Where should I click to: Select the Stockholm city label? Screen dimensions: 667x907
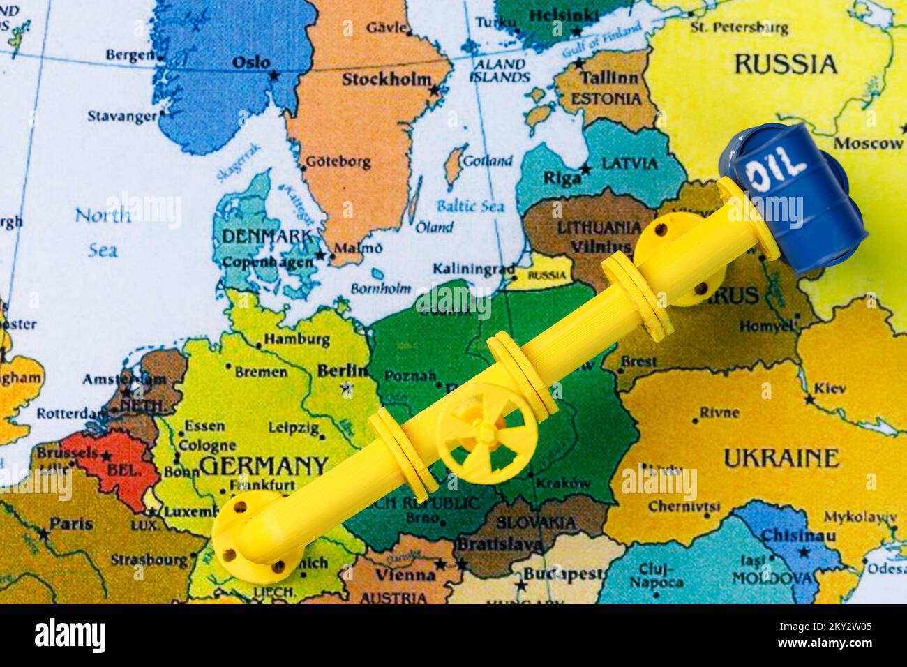[x=386, y=80]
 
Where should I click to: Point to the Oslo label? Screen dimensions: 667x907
[x=250, y=62]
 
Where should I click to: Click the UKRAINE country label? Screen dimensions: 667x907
[x=780, y=458]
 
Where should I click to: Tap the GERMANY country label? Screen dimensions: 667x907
[x=263, y=465]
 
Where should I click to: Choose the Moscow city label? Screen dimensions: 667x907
[x=868, y=144]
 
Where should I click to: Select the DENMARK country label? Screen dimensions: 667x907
[x=266, y=237]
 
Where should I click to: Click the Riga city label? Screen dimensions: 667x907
[x=562, y=177]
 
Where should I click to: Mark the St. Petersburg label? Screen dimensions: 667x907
[x=739, y=28]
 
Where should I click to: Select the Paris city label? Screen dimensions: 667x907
[x=72, y=523]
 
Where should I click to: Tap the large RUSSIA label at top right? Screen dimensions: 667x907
[x=785, y=64]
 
